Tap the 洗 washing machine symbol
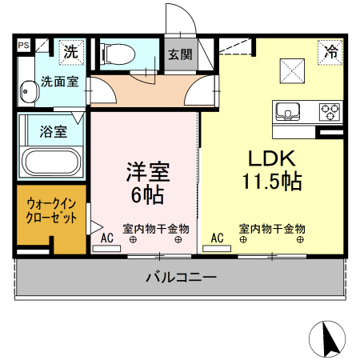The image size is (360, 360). [71, 53]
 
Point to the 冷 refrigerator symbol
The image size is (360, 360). [330, 52]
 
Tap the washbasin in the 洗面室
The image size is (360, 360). [29, 94]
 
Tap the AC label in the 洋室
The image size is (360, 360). [106, 237]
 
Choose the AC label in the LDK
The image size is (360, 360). [216, 237]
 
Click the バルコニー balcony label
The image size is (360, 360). [181, 278]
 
